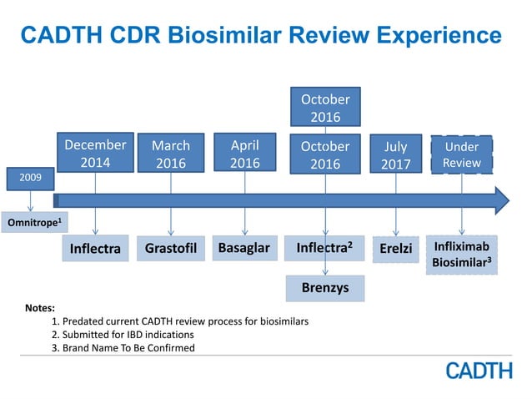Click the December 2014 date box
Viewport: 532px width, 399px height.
95,153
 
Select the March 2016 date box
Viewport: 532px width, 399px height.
170,154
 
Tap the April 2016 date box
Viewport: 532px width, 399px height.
244,154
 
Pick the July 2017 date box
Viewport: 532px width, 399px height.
395,154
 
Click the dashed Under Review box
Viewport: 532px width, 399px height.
461,154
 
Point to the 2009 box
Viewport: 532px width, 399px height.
32,178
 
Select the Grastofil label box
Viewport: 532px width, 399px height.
170,249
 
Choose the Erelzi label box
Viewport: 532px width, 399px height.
395,249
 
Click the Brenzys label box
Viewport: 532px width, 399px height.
325,287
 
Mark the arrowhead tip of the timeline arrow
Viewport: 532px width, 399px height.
508,200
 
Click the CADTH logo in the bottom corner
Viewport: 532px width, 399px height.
479,370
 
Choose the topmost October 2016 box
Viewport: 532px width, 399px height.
325,107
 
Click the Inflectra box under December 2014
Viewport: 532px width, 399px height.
95,249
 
